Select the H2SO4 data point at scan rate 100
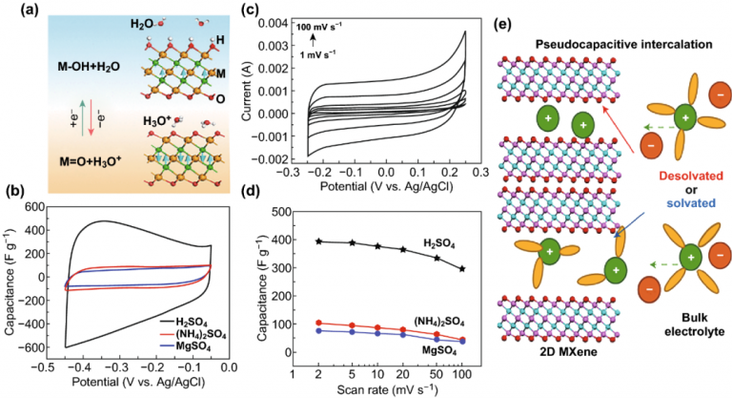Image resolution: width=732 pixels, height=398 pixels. click(x=461, y=269)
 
